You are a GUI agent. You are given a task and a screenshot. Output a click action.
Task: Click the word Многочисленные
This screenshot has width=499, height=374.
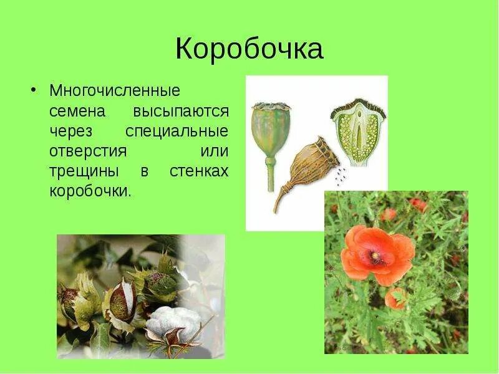coord(115,91)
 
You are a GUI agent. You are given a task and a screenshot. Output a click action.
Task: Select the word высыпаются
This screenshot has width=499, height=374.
coord(181,112)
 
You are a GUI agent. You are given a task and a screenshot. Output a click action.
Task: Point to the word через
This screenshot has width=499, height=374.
coord(70,132)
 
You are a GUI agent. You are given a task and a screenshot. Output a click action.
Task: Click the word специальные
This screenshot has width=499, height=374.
coord(177,132)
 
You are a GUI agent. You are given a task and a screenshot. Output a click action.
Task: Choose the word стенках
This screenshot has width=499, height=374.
coord(199,172)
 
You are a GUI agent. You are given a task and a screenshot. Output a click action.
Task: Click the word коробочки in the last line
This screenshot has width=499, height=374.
coord(90,192)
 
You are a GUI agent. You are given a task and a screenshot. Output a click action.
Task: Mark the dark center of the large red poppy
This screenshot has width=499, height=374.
coord(375,256)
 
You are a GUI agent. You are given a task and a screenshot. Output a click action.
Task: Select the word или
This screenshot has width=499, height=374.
coord(215,152)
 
